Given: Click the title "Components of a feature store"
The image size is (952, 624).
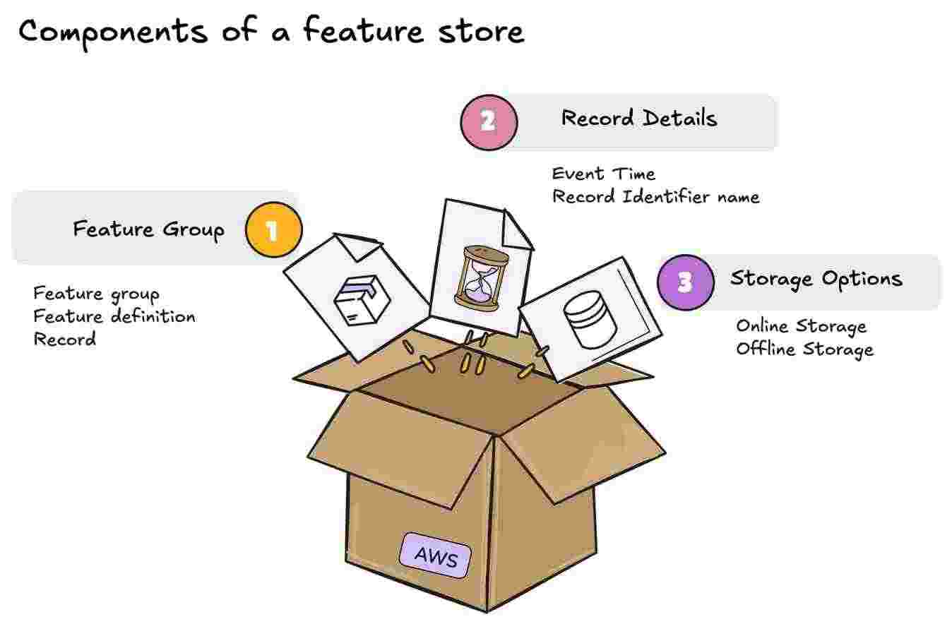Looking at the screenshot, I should pyautogui.click(x=271, y=32).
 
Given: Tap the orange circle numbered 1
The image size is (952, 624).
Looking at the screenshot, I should pyautogui.click(x=273, y=230).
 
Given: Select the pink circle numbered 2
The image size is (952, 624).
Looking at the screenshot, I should pyautogui.click(x=489, y=122).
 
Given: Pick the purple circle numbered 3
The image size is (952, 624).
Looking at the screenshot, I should pyautogui.click(x=685, y=282).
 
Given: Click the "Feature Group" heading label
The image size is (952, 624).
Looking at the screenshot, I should pyautogui.click(x=148, y=229).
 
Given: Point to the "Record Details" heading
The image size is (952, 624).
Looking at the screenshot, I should pyautogui.click(x=638, y=119).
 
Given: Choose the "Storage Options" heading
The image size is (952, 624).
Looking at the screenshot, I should pyautogui.click(x=816, y=279).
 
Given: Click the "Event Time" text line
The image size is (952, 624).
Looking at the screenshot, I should pyautogui.click(x=604, y=174).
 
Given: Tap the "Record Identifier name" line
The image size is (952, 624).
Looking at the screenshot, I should pyautogui.click(x=655, y=196).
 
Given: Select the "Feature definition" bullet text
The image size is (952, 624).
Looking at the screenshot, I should pyautogui.click(x=114, y=316).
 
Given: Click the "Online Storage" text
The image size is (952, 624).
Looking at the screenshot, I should pyautogui.click(x=801, y=326).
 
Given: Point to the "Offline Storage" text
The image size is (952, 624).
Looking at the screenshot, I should pyautogui.click(x=804, y=349).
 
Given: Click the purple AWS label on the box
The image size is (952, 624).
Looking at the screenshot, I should pyautogui.click(x=436, y=556).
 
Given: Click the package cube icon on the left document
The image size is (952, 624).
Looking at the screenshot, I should pyautogui.click(x=361, y=299).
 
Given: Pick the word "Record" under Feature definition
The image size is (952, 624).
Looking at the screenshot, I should pyautogui.click(x=64, y=339).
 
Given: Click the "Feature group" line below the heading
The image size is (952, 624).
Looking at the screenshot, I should pyautogui.click(x=96, y=294).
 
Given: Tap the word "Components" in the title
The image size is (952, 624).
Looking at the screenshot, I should pyautogui.click(x=113, y=32).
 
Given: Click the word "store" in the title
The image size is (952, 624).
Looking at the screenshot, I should pyautogui.click(x=481, y=32).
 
